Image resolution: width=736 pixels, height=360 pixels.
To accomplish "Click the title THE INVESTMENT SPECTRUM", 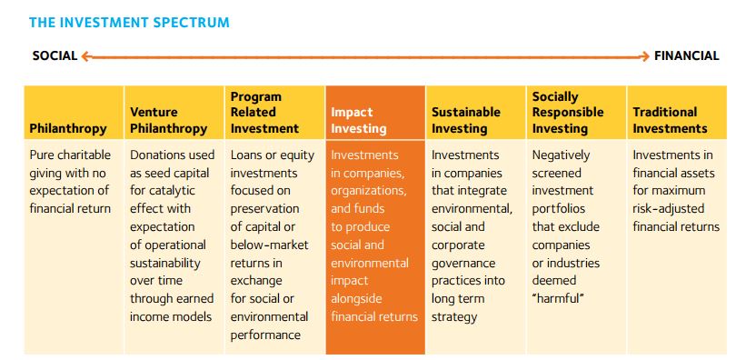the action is (129, 22).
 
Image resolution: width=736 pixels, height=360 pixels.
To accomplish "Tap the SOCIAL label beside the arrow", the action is (55, 55).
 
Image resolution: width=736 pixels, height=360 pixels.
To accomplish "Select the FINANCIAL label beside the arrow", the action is (687, 55).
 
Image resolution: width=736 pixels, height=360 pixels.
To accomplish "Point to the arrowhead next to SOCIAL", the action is (85, 56).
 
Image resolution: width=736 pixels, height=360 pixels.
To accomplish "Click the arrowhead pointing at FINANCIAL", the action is (645, 56).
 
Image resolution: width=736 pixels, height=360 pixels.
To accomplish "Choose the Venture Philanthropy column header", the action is (168, 120).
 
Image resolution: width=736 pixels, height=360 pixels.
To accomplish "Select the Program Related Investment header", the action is (264, 112).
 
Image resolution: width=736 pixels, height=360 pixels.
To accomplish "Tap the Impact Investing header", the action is (359, 120).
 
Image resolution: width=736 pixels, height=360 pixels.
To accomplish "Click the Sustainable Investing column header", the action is (466, 120).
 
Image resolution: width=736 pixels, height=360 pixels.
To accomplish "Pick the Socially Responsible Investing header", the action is (568, 112).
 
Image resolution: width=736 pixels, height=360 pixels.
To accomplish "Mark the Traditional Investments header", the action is (670, 120).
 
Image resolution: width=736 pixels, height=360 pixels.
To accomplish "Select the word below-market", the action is (270, 245).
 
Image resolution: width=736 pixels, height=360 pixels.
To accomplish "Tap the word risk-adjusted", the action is (669, 209).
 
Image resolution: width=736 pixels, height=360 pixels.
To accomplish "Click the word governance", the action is (463, 264).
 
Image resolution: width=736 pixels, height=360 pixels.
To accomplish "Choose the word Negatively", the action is (561, 155).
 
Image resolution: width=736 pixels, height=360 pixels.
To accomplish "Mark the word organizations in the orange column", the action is (369, 192).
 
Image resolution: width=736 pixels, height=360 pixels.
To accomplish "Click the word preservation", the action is (264, 209).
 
